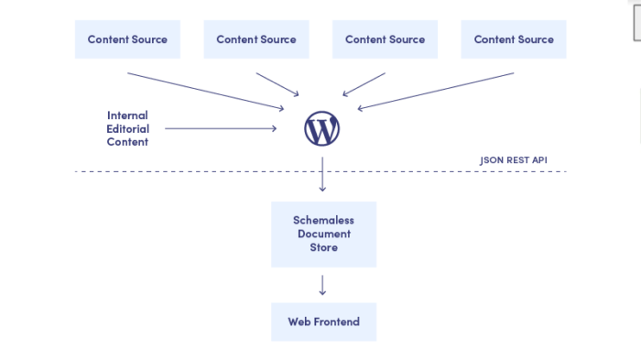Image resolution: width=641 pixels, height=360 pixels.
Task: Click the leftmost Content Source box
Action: coord(127,39)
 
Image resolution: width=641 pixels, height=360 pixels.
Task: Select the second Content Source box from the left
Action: coord(255,39)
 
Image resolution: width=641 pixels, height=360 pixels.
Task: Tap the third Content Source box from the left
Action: coord(385,39)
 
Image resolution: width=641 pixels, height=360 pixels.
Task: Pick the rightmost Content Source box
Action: coord(513,39)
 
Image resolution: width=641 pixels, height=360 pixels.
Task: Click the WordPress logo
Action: coord(322,129)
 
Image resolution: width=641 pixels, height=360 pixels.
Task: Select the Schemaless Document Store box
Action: coord(323,235)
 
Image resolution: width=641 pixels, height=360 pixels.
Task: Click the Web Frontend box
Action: coord(323,322)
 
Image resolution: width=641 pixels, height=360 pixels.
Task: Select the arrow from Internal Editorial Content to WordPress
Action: coord(220,129)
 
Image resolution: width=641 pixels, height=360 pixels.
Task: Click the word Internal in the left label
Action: coord(127,115)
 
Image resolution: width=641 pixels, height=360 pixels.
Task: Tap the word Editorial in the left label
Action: coord(127,129)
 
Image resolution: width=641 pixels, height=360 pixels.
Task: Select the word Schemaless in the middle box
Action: coord(323,221)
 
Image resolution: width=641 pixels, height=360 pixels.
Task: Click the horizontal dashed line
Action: coord(183,171)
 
